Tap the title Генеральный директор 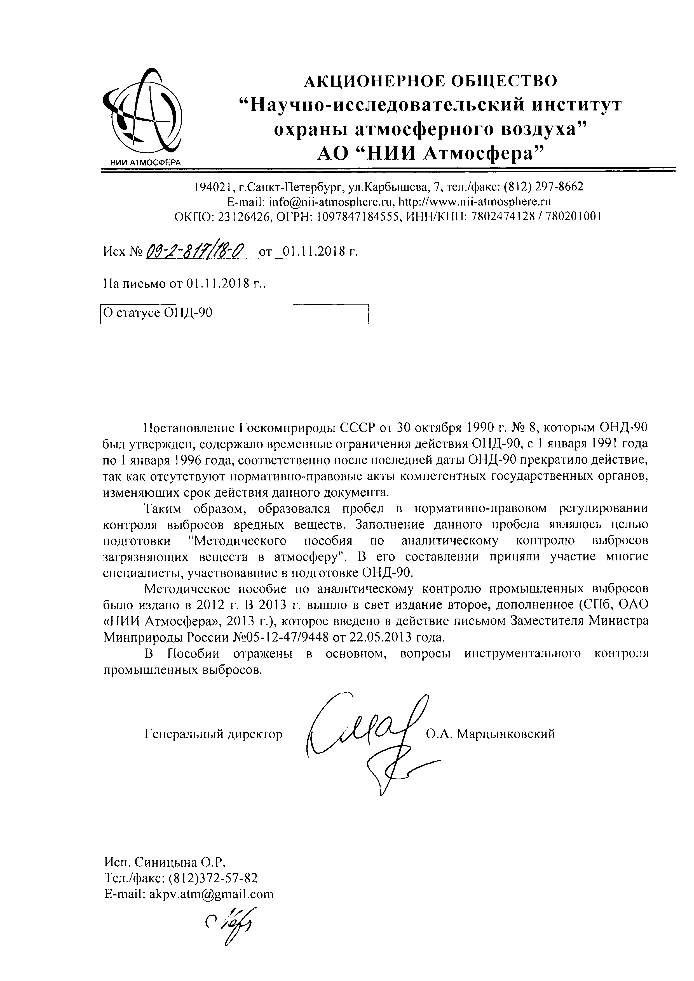click(x=214, y=734)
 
